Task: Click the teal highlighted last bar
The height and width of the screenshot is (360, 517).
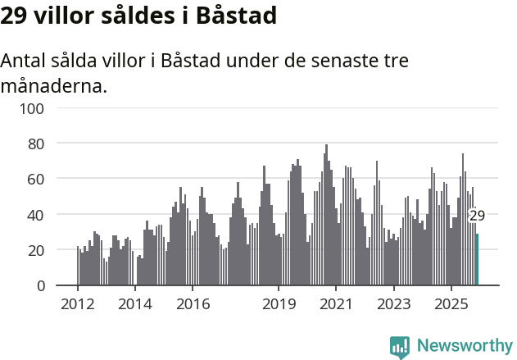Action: [477, 260]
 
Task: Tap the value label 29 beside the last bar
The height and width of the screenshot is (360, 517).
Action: [477, 216]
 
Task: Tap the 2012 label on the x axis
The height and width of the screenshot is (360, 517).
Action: [78, 304]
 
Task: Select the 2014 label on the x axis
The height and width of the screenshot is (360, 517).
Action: [135, 304]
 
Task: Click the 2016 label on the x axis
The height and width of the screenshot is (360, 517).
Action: [193, 304]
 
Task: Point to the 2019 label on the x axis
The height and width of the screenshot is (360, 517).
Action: [279, 304]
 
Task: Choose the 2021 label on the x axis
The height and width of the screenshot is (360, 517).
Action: [336, 304]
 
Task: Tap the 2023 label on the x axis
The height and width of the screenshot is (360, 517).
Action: [393, 304]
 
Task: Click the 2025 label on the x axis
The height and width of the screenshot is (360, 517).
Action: [451, 304]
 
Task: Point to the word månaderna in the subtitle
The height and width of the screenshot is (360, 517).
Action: [54, 85]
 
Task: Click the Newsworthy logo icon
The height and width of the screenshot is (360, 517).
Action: [400, 346]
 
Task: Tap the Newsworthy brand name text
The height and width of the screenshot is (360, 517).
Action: [464, 346]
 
